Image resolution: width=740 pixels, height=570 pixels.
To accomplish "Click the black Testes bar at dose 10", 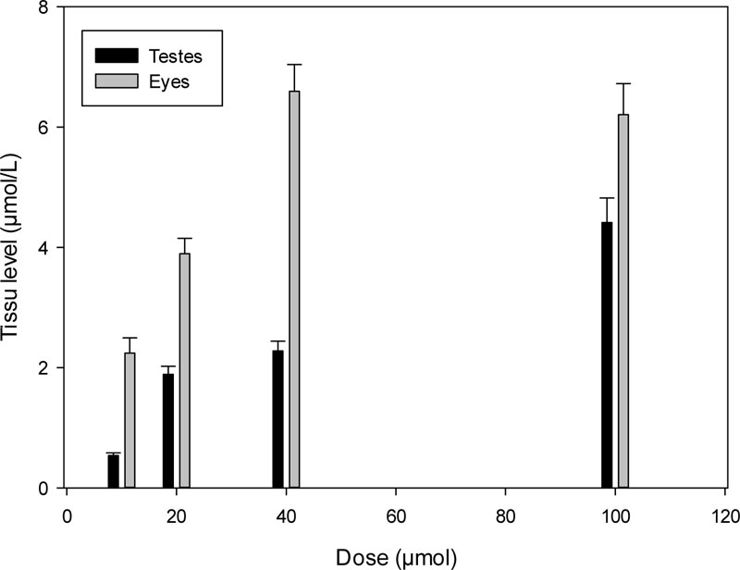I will coord(113,471).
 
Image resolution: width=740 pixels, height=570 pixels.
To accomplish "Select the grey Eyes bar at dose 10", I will coord(129,420).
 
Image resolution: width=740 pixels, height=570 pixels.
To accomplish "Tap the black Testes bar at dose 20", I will coord(168,430).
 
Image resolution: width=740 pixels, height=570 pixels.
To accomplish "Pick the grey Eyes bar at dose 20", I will coord(185,370).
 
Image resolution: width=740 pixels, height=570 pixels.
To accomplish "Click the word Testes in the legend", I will coord(177,56).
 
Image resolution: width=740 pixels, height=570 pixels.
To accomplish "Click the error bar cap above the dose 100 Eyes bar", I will coord(623,83).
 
